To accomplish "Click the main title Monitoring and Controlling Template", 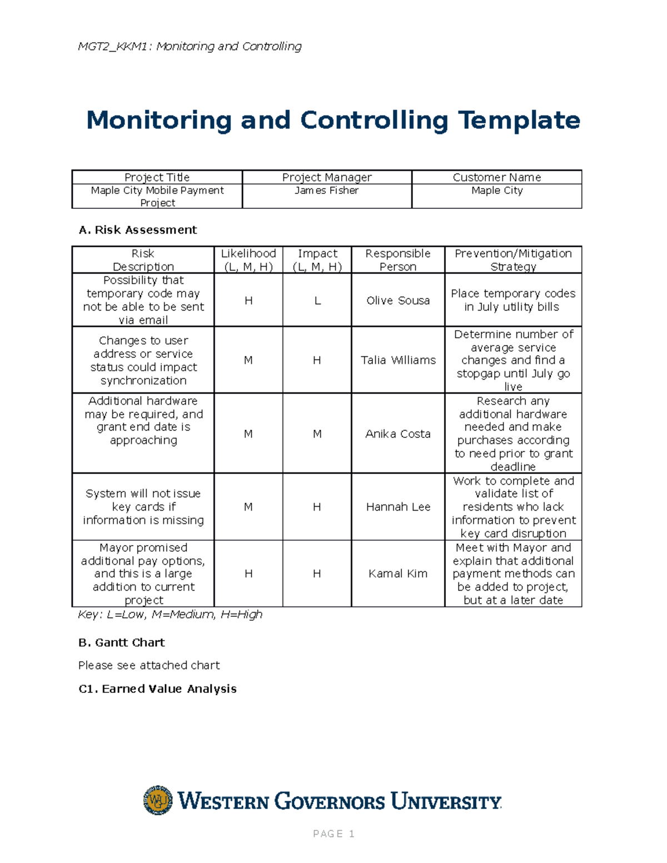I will tap(333, 120).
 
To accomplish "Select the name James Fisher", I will tap(326, 191).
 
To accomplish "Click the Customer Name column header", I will tap(496, 177).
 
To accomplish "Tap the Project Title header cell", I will tap(157, 177).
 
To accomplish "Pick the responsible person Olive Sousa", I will tap(397, 301).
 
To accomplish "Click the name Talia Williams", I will tap(397, 360).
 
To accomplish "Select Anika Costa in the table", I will tap(397, 434).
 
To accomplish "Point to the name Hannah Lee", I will tap(397, 507).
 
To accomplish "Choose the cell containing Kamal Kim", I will tap(397, 573).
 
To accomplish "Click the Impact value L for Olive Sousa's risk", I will tap(317, 301).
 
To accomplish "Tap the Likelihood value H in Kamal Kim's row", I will tap(248, 573).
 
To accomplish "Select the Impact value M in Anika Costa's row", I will tap(317, 434).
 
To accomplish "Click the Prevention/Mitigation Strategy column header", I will tap(513, 260).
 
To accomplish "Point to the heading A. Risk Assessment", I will tap(138, 230).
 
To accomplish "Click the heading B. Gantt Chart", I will tap(122, 643).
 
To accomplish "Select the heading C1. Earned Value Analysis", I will tap(158, 689).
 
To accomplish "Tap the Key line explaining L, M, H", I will tap(170, 615).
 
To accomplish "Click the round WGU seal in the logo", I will tap(158, 800).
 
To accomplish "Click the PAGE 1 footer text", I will tap(333, 834).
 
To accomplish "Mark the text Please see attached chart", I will tap(149, 665).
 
